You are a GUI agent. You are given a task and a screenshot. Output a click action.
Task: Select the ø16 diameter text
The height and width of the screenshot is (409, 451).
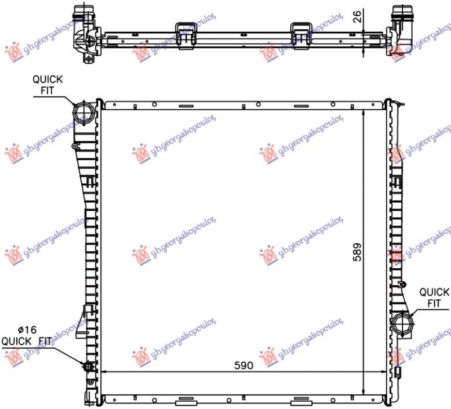27,331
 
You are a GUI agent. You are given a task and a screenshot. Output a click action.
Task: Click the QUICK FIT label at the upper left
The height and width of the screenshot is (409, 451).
47,85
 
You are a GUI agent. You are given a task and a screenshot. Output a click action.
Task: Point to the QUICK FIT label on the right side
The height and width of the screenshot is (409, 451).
434,297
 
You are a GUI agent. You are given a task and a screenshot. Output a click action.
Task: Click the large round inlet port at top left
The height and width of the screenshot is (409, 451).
83,111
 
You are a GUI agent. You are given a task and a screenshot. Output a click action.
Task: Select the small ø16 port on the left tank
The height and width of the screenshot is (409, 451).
89,367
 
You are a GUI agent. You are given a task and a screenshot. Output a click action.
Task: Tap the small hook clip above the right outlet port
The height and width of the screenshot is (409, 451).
401,283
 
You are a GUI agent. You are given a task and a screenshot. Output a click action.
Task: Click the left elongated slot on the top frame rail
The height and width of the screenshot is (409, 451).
185,106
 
